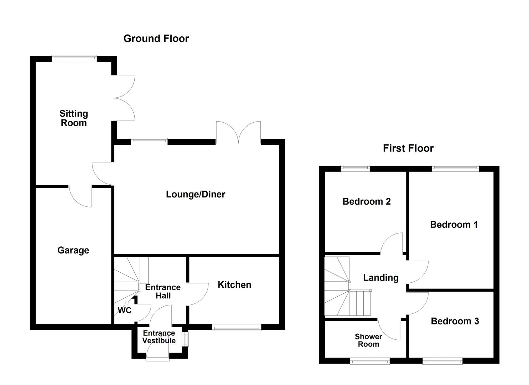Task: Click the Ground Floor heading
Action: [x=156, y=38]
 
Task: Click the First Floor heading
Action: [x=408, y=148]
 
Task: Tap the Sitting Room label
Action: [x=73, y=118]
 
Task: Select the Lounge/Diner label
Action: [x=196, y=194]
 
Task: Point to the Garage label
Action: [x=73, y=250]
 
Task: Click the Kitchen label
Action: [x=234, y=285]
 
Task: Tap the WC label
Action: [x=125, y=310]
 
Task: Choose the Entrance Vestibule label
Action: [x=159, y=337]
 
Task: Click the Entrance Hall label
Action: [x=163, y=292]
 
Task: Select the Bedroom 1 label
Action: [x=454, y=225]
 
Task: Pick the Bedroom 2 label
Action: [x=367, y=201]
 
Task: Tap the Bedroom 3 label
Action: [x=455, y=321]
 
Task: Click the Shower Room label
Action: [x=368, y=340]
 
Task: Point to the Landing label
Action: [x=381, y=278]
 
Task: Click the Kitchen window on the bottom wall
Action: [x=237, y=328]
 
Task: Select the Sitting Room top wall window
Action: [x=74, y=58]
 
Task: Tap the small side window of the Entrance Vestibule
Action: [x=186, y=339]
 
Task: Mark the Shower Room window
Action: [x=370, y=361]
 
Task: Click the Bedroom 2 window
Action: [x=355, y=168]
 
